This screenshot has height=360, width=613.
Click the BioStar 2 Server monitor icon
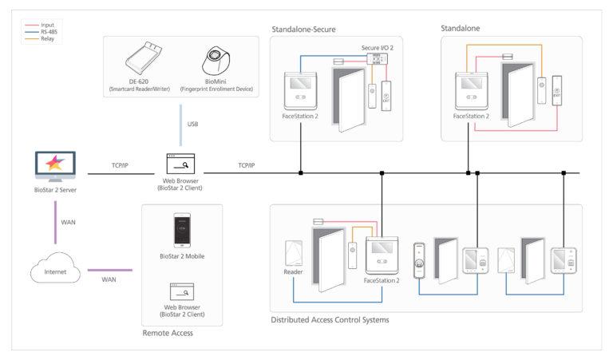(x=54, y=166)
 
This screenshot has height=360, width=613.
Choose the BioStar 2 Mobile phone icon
(x=183, y=231)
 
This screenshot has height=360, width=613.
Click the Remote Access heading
(x=168, y=333)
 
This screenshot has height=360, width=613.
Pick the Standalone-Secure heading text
(x=303, y=30)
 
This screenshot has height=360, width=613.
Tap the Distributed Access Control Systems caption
(x=330, y=321)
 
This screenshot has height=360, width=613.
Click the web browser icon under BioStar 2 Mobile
(x=183, y=291)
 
